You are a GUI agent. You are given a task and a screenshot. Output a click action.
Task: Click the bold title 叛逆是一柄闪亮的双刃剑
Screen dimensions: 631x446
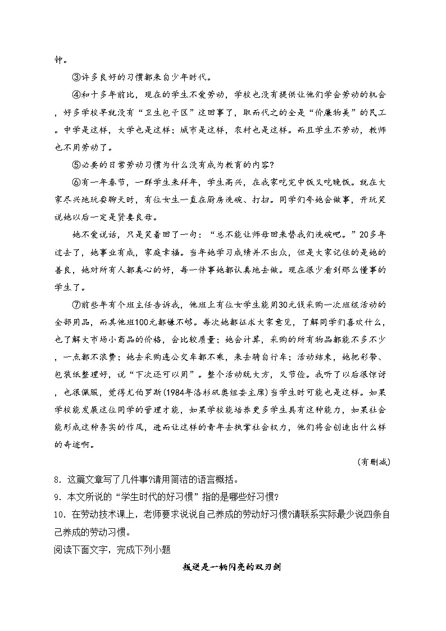(231, 568)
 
